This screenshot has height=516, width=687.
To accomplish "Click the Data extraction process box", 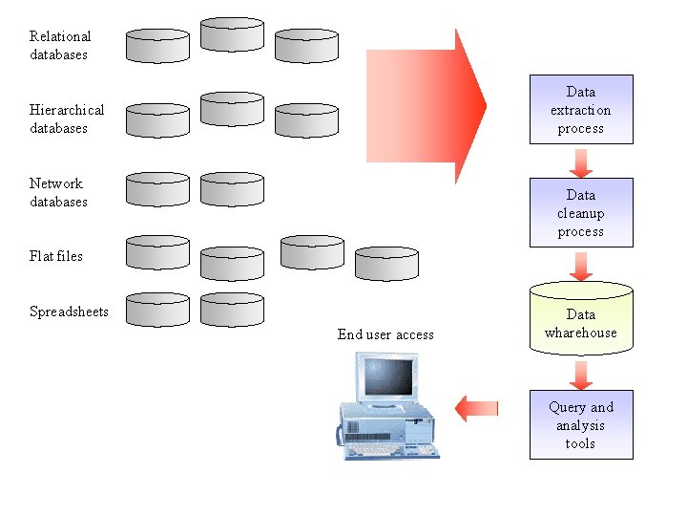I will point(581,110).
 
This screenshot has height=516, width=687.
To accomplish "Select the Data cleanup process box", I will point(581,213).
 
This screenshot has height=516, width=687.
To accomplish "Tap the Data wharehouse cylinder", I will point(581,320).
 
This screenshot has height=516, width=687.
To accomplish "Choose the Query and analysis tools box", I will point(581,424).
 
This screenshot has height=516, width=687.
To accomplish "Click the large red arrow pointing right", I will point(429,105).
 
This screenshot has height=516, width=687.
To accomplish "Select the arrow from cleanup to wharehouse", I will point(581,265).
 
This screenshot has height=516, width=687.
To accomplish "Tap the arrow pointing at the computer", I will point(476,408).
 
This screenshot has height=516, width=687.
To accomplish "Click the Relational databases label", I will point(59,46).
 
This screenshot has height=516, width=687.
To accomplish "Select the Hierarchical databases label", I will point(67,119).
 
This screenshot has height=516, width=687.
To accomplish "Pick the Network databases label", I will point(58,193).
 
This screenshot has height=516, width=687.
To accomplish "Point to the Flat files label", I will point(56,256).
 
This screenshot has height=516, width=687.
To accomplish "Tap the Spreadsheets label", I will point(69,312).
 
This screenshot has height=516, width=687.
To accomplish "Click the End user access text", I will point(385,334).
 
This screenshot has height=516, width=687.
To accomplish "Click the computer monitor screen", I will point(389,376).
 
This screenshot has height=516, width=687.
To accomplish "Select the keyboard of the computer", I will point(389,448).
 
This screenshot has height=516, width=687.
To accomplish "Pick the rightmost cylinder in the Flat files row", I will point(386,264).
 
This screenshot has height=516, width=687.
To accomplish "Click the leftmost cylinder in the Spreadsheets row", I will point(157,310).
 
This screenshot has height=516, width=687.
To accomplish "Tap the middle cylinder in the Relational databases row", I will point(232,34).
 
